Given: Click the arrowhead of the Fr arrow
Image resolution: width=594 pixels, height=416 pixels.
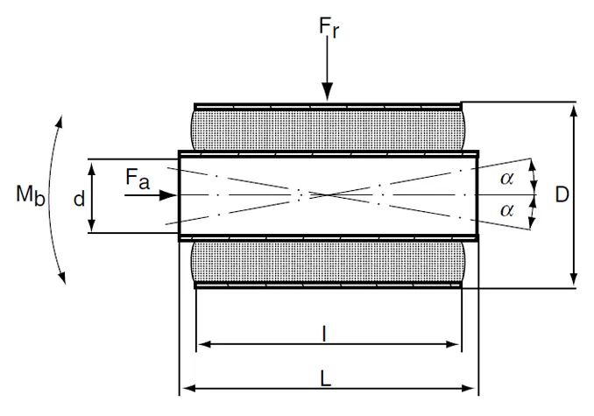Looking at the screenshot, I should (327, 95).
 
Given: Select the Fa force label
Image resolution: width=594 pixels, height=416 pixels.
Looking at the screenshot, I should (138, 180).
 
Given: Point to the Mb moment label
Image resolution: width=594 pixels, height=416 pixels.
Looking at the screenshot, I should (28, 195).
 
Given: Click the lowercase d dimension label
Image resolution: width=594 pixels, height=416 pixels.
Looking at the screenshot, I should (79, 199).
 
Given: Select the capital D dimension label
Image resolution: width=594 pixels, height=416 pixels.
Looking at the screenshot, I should (562, 194).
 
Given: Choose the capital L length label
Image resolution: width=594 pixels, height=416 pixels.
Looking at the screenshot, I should (326, 378).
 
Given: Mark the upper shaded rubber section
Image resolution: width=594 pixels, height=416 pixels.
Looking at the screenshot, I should (326, 128).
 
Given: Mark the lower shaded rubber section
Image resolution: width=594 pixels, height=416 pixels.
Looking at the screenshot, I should (326, 261).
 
